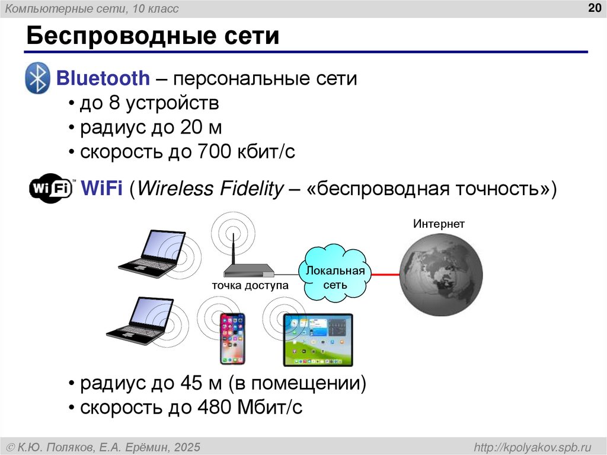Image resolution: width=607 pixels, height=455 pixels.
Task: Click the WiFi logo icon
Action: (51, 189)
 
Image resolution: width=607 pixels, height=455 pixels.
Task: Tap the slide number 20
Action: (593, 8)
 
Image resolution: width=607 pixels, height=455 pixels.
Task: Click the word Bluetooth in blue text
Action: (103, 78)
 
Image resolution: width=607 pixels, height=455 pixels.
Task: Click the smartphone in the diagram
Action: (232, 339)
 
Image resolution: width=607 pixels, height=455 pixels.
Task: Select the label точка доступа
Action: (250, 286)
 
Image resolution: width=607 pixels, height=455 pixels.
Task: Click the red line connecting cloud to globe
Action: (385, 275)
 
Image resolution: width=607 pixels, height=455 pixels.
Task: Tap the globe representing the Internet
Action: (440, 275)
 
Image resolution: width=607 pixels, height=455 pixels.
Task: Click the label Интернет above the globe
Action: (439, 224)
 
